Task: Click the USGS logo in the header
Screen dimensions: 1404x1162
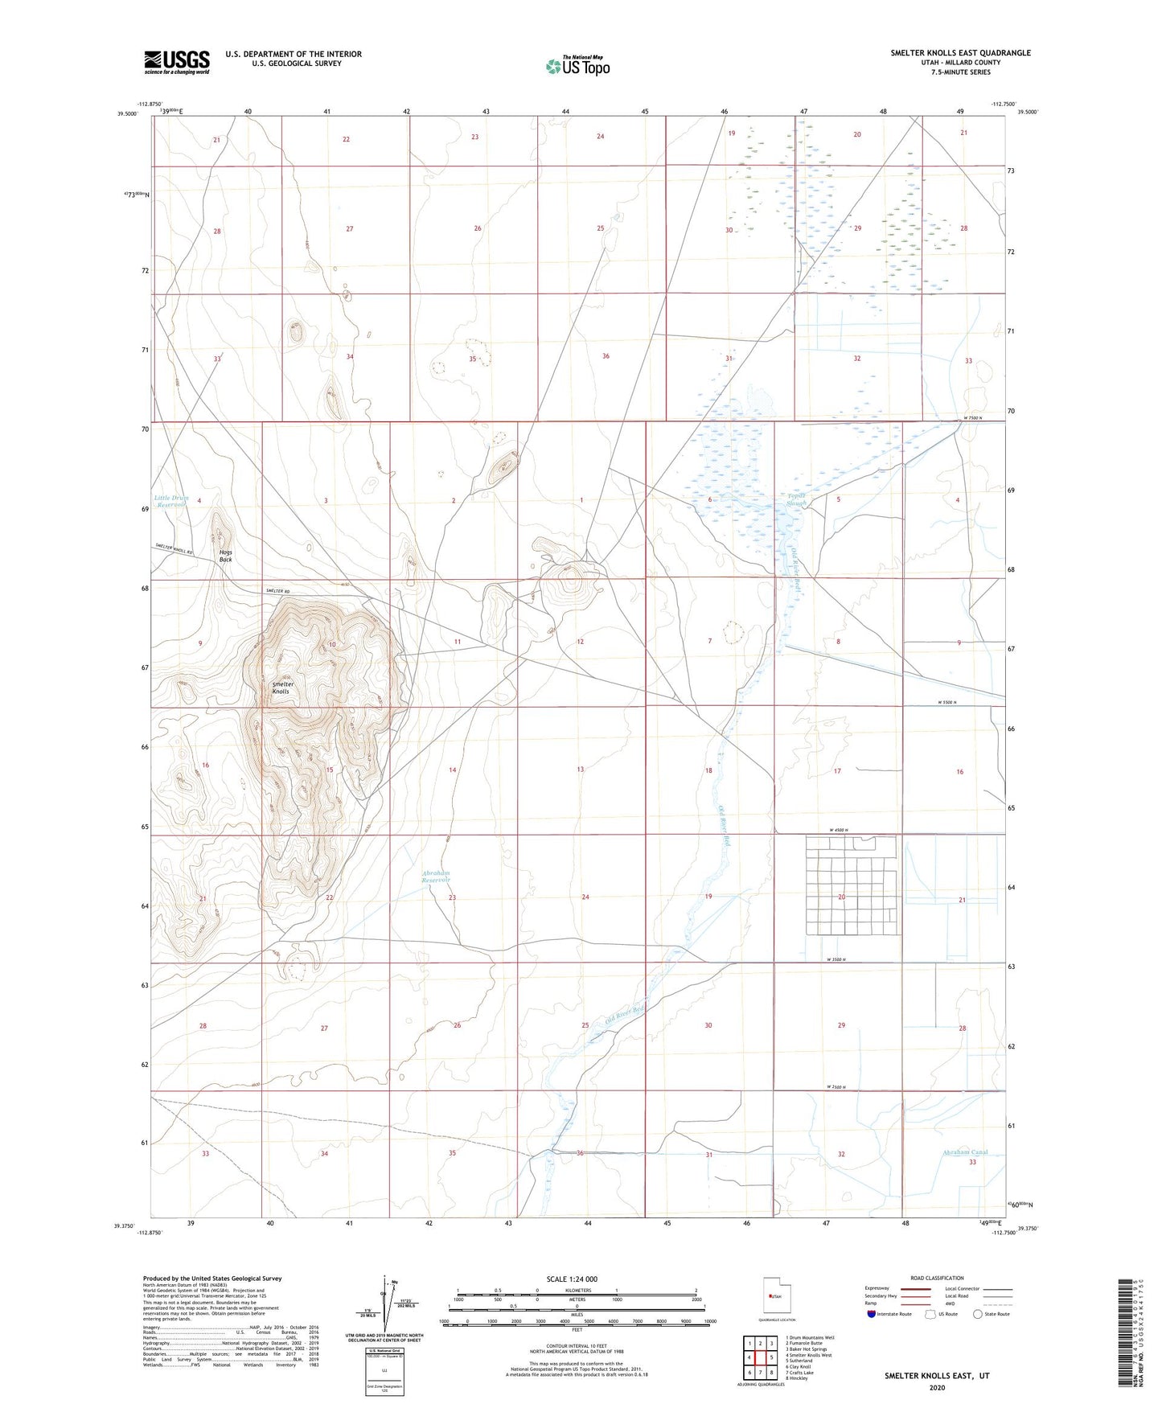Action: coord(177,62)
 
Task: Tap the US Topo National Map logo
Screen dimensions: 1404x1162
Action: coord(577,65)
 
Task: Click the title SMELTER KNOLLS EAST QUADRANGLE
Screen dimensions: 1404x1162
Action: coord(960,53)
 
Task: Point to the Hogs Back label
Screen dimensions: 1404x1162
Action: coord(225,556)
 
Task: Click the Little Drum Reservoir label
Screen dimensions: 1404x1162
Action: coord(171,501)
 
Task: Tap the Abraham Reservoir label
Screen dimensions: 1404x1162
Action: coord(436,876)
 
